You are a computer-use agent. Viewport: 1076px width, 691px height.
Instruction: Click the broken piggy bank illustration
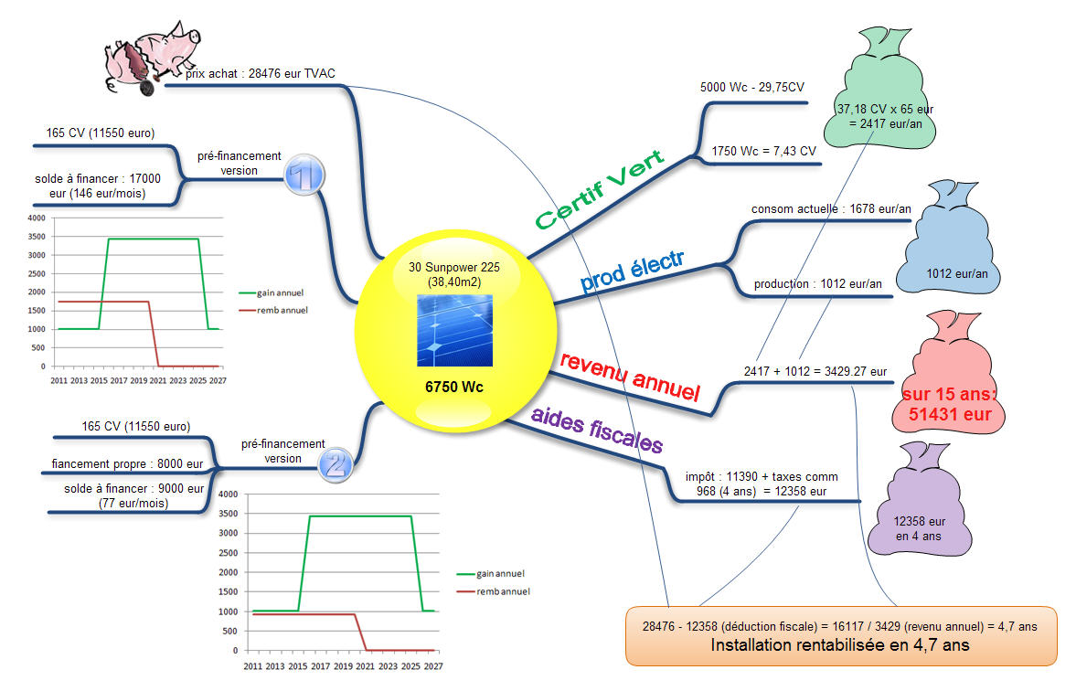point(151,58)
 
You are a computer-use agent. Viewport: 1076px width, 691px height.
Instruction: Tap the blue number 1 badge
point(304,175)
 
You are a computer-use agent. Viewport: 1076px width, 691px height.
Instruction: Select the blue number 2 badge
point(336,464)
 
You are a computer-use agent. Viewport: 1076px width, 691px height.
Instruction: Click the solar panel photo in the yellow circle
point(454,330)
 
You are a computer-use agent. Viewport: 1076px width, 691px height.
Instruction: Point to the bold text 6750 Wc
point(454,387)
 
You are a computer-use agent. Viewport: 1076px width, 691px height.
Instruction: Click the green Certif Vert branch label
point(599,190)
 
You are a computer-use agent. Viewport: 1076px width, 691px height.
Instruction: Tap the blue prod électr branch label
point(632,271)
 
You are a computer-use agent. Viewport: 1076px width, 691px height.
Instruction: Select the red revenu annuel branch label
point(630,377)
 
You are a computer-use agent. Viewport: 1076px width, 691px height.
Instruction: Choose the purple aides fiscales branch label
point(597,430)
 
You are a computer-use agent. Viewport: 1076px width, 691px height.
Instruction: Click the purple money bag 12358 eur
point(921,500)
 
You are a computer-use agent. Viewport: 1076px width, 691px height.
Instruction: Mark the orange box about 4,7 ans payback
point(841,636)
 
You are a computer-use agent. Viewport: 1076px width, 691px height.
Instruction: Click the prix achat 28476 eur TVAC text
point(260,73)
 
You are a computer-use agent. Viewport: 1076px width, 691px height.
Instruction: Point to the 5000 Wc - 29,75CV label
point(752,87)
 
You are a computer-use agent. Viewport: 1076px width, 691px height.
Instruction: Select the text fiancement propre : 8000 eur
point(128,464)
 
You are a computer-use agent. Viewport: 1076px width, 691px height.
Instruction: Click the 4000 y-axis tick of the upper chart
point(37,218)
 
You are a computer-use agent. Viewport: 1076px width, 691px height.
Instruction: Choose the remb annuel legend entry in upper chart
point(273,310)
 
